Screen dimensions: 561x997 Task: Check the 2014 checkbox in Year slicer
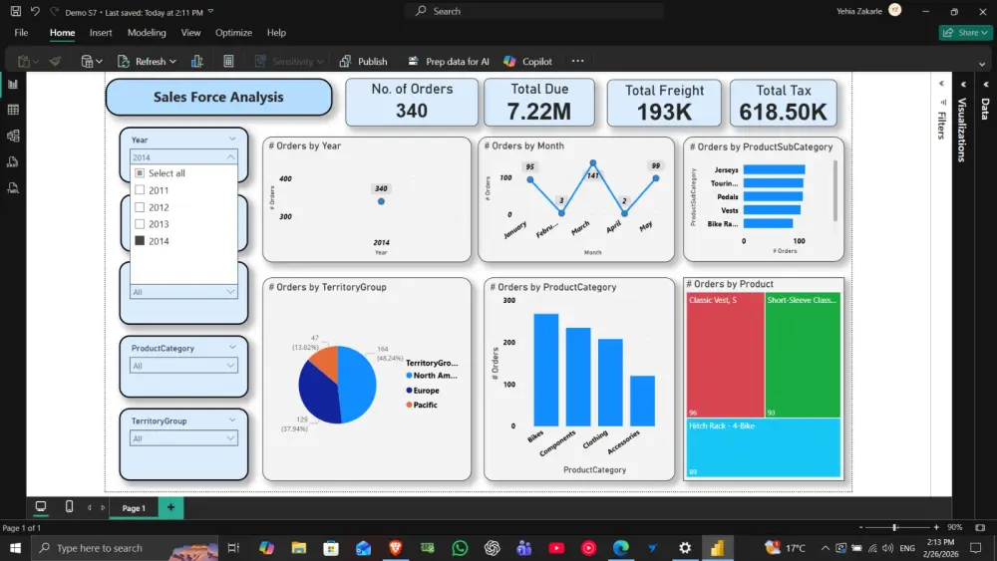coord(140,241)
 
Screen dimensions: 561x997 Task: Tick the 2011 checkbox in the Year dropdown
coord(140,190)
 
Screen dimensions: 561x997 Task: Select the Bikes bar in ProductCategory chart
coord(545,370)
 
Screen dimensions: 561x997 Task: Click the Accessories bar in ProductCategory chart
coord(642,401)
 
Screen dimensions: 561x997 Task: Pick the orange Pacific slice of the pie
coord(325,362)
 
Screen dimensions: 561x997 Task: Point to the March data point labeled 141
coord(593,163)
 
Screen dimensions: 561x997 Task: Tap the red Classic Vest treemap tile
coord(724,354)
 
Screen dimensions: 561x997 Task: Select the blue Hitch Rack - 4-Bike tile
coord(763,447)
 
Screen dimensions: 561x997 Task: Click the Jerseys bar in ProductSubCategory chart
coord(774,170)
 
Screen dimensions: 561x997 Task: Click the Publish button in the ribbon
coord(363,62)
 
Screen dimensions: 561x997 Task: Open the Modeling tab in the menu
coord(147,33)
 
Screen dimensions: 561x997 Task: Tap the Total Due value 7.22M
coord(539,112)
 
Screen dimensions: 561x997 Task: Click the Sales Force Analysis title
coord(218,98)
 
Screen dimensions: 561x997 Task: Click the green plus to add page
coord(170,507)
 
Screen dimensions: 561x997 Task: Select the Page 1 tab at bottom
coord(133,508)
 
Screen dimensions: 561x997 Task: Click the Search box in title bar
coord(533,11)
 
